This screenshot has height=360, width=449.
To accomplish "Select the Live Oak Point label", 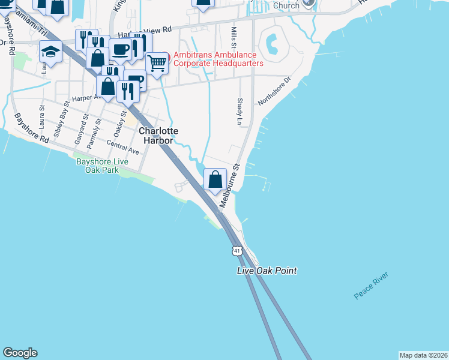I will pos(267,271).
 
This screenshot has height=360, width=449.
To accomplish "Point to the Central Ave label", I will pos(122,148).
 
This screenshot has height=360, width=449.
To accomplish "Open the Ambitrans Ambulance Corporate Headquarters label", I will pos(218,59).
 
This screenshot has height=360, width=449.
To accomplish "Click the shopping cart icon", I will pos(157,62).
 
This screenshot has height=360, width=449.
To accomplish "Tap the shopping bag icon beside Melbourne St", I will pos(215,179).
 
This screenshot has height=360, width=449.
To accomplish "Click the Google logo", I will pos(20,353).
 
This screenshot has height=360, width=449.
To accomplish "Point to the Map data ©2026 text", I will pos(423,355).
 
